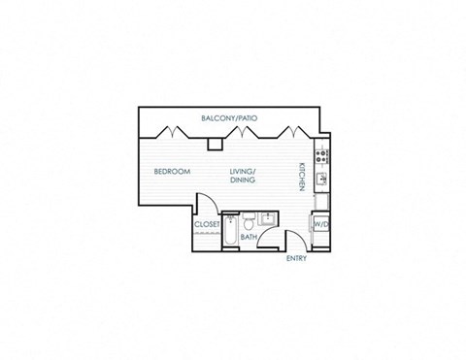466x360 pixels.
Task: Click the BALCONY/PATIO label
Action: [x=229, y=117]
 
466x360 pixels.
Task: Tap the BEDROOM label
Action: [x=172, y=172]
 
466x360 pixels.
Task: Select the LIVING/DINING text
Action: [x=243, y=176]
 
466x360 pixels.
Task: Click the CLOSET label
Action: [x=207, y=224]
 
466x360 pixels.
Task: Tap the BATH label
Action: [x=249, y=237]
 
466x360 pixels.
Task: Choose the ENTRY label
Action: [x=296, y=259]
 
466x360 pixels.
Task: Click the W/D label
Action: [x=320, y=224]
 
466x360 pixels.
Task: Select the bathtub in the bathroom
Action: [x=229, y=231]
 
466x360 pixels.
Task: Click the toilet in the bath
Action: [x=249, y=218]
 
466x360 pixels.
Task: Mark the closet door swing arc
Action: [x=204, y=206]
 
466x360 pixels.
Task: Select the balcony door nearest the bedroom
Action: [x=174, y=131]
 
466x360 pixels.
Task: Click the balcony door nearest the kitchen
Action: [x=288, y=131]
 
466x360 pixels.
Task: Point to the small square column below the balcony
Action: [x=215, y=144]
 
